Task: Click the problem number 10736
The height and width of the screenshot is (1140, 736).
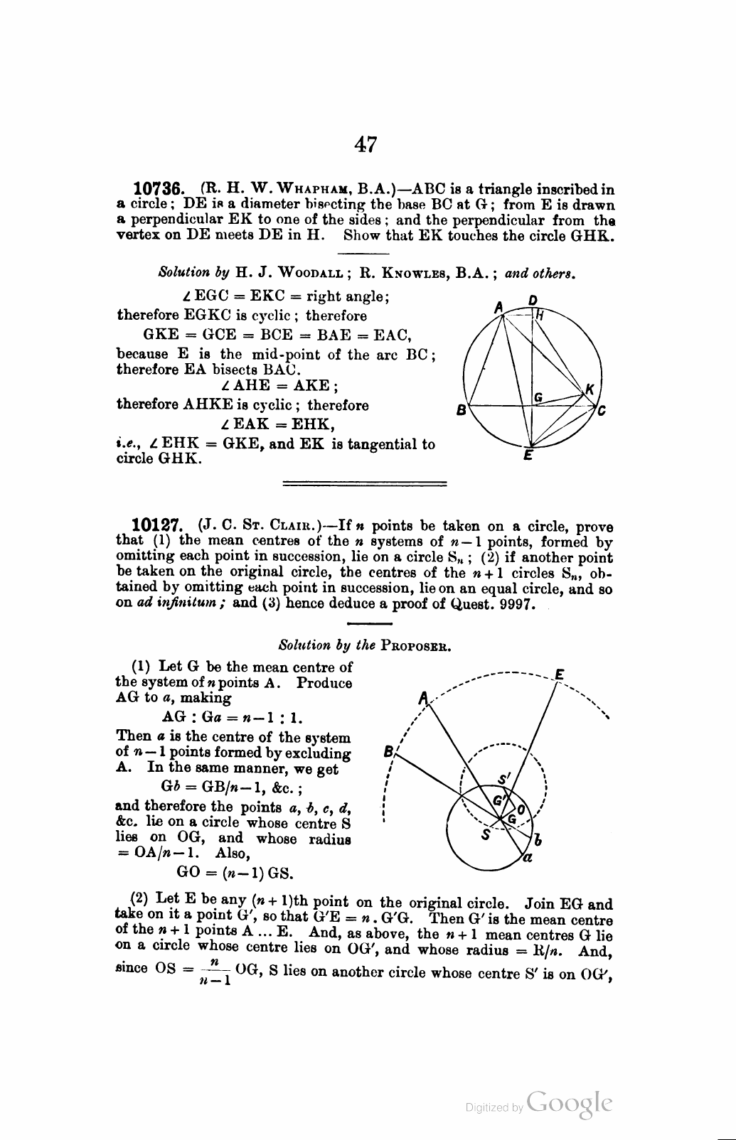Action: [159, 190]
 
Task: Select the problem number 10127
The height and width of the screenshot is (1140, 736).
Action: [159, 527]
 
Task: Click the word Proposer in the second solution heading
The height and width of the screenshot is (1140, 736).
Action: [417, 646]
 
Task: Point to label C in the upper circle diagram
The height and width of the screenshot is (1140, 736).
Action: [602, 410]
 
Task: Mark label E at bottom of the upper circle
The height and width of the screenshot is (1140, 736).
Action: [527, 457]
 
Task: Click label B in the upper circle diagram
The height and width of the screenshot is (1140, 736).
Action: [461, 410]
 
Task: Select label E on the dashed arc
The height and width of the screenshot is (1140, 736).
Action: [560, 674]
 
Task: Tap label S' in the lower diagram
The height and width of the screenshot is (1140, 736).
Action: [504, 780]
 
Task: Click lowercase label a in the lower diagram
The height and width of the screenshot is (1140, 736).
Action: [527, 857]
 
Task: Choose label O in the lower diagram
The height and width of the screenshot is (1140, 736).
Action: [521, 810]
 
